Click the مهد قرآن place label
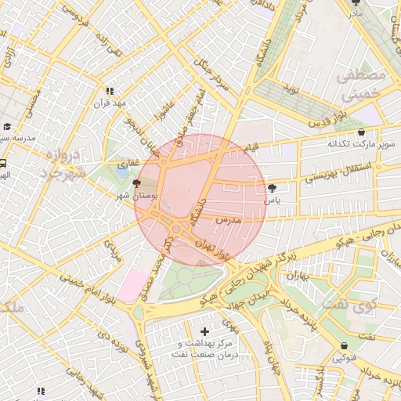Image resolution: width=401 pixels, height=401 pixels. point(110,103)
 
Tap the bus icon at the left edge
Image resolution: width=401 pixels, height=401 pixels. point(4,164)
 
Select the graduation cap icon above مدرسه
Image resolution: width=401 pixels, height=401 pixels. point(7,126)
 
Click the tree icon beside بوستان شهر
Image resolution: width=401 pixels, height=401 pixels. point(138,182)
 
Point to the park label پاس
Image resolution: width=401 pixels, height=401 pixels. point(272,200)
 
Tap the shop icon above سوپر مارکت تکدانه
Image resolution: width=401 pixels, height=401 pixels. point(360,132)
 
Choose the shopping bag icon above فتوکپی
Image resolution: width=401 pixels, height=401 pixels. point(345,346)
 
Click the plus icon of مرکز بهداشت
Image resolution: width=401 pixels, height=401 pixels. point(206,332)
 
